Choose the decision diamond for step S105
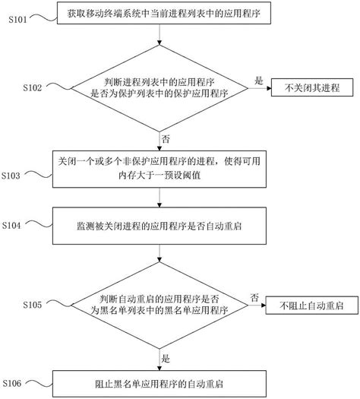tap(159, 304)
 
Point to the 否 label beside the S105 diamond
tap(254, 296)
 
